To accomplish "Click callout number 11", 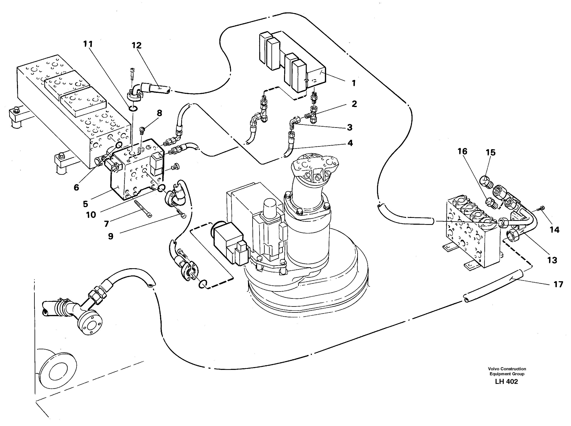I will (x=88, y=44).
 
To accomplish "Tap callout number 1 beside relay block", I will (x=354, y=83).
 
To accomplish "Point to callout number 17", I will (x=558, y=285).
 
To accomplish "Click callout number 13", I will (x=552, y=260).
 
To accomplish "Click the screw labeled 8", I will (x=142, y=130).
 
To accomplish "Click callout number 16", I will (x=462, y=151).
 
